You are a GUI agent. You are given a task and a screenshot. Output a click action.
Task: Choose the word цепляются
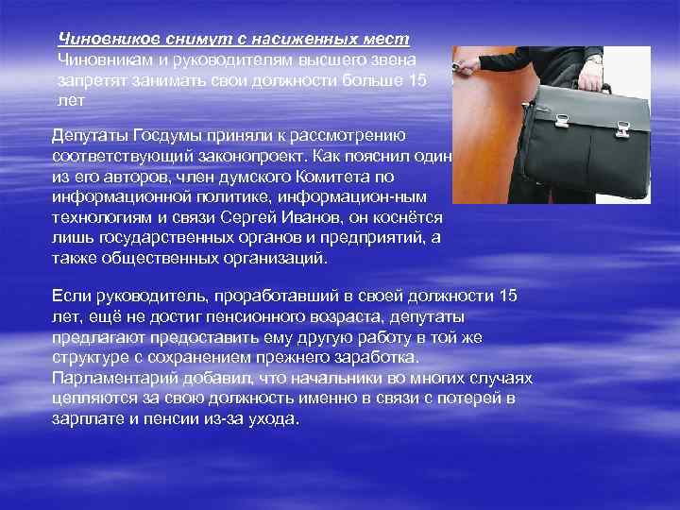pos(92,399)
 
